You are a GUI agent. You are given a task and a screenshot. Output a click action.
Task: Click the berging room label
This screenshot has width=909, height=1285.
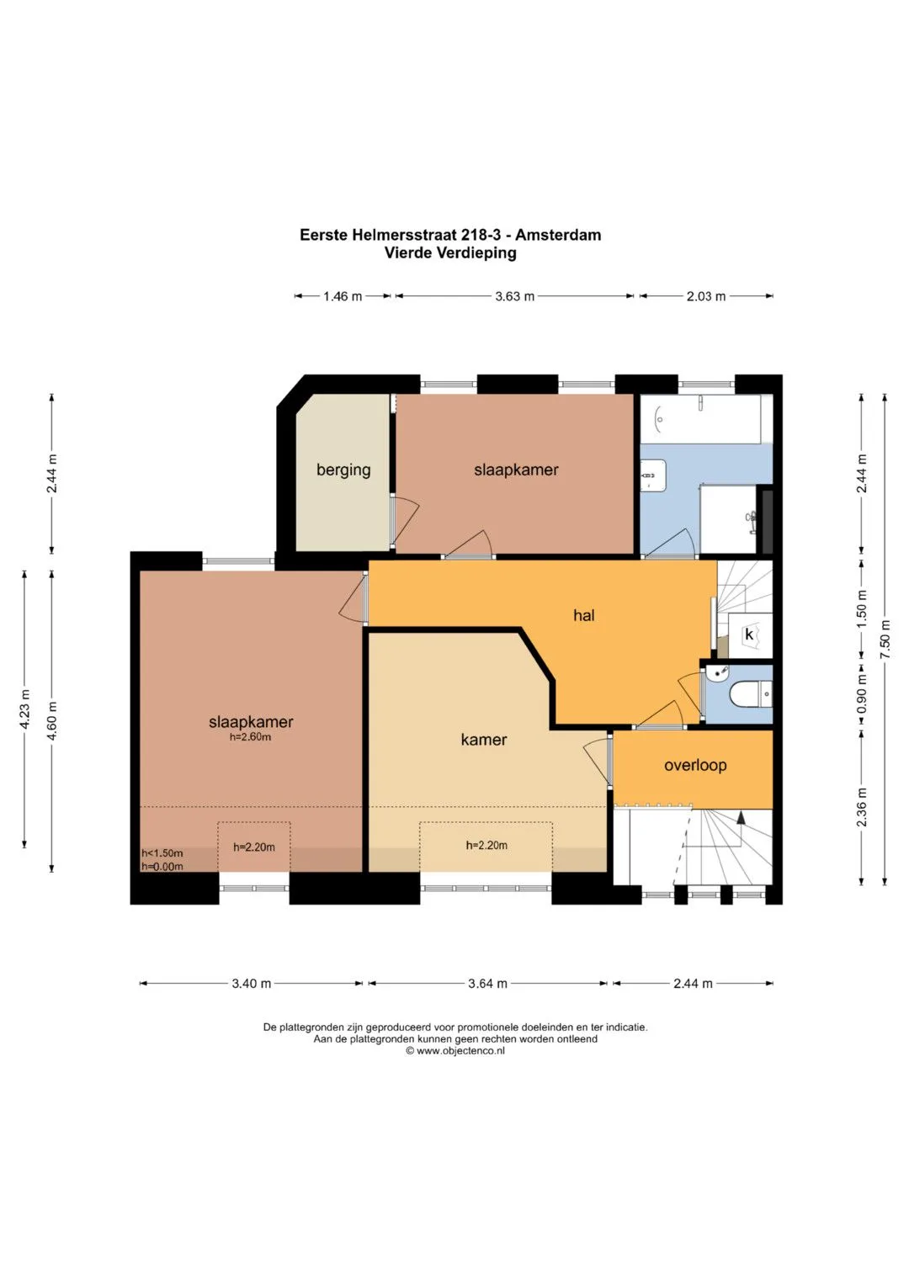click(x=343, y=470)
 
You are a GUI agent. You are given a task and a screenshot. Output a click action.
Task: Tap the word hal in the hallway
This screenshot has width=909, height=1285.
click(x=583, y=615)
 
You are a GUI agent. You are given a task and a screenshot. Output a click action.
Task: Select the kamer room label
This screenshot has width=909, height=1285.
click(x=484, y=740)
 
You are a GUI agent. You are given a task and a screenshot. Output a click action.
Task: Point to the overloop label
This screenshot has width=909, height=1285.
click(x=695, y=765)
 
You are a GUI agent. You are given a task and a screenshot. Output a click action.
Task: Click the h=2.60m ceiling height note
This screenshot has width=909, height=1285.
click(x=250, y=737)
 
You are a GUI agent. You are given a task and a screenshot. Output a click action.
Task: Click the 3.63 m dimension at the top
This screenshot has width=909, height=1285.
click(x=515, y=296)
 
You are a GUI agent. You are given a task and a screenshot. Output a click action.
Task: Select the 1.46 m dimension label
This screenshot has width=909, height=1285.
click(x=343, y=296)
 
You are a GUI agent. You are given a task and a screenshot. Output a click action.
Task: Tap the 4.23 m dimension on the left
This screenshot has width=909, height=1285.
click(x=24, y=709)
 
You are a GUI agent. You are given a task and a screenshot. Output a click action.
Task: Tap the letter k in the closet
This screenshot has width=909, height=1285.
click(x=749, y=635)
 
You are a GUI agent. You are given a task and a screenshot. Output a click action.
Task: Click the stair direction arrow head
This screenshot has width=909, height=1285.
click(x=741, y=817)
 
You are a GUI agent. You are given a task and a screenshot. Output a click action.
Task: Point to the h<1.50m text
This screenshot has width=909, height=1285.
click(x=162, y=853)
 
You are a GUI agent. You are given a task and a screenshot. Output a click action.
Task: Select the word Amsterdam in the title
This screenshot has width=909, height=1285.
click(x=558, y=235)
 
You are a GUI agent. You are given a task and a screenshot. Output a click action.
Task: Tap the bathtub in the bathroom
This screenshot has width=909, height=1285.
click(x=700, y=419)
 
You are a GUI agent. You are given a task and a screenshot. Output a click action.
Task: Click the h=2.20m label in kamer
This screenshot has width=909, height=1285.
click(x=486, y=845)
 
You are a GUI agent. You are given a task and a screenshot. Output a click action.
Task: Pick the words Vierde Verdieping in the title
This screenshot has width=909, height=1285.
click(x=450, y=253)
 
